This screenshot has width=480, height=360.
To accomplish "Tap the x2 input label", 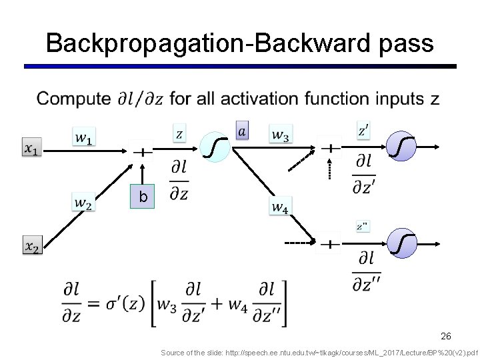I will pos(32,247).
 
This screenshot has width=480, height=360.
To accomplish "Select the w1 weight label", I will pos(83,138).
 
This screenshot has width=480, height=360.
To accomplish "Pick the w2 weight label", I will pos(83,203).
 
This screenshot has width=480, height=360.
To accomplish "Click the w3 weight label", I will pos(280,134).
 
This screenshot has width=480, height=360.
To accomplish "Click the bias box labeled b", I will pos(142,197).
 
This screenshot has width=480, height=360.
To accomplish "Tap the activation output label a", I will pos(241,131).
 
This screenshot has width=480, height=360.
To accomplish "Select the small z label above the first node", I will pos(179,133).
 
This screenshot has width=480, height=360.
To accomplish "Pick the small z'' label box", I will pos(362,227).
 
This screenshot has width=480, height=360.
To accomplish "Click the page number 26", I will pos(446,336).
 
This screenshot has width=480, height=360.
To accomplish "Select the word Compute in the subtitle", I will pos(74,100).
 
